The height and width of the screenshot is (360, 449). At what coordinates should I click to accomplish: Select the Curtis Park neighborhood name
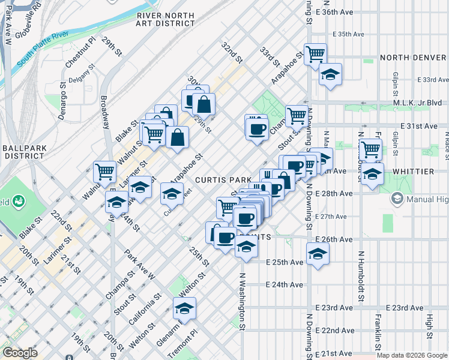(217, 180)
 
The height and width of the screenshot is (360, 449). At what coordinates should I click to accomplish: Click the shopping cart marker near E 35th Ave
(315, 54)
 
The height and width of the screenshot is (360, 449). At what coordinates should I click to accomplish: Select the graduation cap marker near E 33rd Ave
(330, 74)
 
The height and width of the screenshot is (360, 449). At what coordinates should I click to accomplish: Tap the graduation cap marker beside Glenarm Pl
(184, 308)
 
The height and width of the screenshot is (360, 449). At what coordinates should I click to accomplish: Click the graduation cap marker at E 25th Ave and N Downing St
(318, 253)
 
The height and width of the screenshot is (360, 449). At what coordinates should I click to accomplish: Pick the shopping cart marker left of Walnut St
(105, 172)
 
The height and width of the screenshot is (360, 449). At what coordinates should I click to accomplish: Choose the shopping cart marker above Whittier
(370, 149)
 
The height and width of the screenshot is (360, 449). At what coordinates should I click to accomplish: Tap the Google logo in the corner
(19, 353)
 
